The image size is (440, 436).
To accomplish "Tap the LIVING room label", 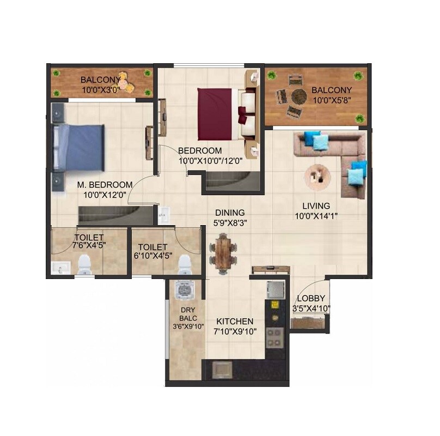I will [316, 206].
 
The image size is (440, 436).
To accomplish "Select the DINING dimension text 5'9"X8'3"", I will [229, 222].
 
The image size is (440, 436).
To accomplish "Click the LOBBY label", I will [311, 299].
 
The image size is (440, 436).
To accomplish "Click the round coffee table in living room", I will [317, 175].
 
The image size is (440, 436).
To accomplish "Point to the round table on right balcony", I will [298, 96].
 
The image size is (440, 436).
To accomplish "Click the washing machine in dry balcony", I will [185, 292].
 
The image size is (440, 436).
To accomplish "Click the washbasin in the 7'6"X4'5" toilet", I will [60, 268].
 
